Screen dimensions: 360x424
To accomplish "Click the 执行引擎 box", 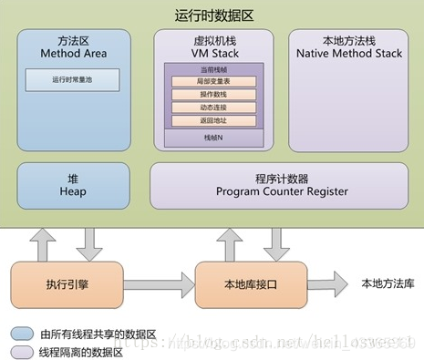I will [69, 284].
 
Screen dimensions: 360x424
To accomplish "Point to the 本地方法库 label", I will [388, 284].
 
